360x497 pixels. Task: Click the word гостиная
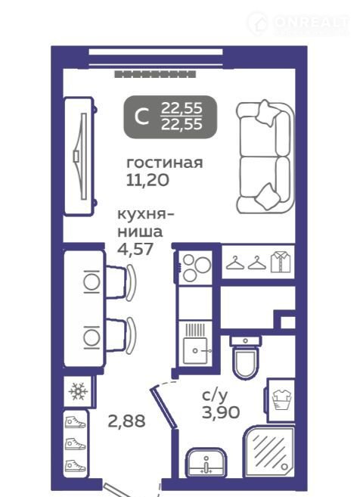tap(164, 163)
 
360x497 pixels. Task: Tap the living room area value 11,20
tap(147, 180)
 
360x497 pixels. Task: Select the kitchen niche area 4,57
tap(135, 249)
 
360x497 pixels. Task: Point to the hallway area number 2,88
tap(126, 421)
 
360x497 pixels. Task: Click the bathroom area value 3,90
tap(221, 412)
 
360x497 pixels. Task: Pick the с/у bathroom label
tap(215, 396)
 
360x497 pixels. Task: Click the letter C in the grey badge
tap(141, 117)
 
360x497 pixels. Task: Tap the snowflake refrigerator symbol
tap(78, 391)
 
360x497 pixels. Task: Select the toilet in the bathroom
tap(246, 357)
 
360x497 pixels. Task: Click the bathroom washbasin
tap(206, 462)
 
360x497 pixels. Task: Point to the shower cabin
tap(269, 452)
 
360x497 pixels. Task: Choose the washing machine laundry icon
tap(281, 399)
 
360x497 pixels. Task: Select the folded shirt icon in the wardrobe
tap(280, 262)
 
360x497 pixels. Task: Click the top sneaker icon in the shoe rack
tap(75, 423)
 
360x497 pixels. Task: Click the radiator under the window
tap(155, 74)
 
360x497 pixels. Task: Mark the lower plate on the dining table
tap(92, 337)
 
